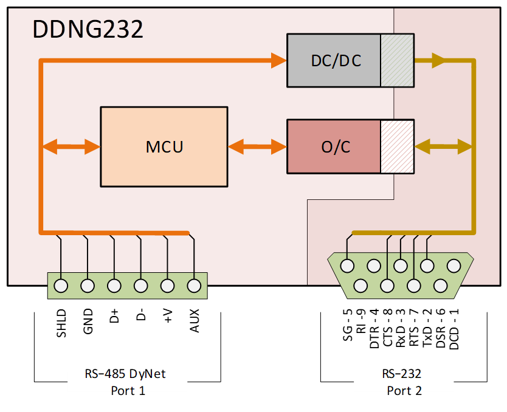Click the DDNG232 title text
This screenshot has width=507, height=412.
(x=88, y=29)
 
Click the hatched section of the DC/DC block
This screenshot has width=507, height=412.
(x=397, y=61)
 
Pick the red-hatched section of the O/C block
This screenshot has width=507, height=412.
(x=397, y=148)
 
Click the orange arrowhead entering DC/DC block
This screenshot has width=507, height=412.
(x=279, y=60)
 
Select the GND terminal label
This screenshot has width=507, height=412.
(x=88, y=323)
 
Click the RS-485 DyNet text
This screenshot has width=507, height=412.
(x=128, y=374)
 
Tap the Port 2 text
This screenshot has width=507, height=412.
(x=404, y=391)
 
